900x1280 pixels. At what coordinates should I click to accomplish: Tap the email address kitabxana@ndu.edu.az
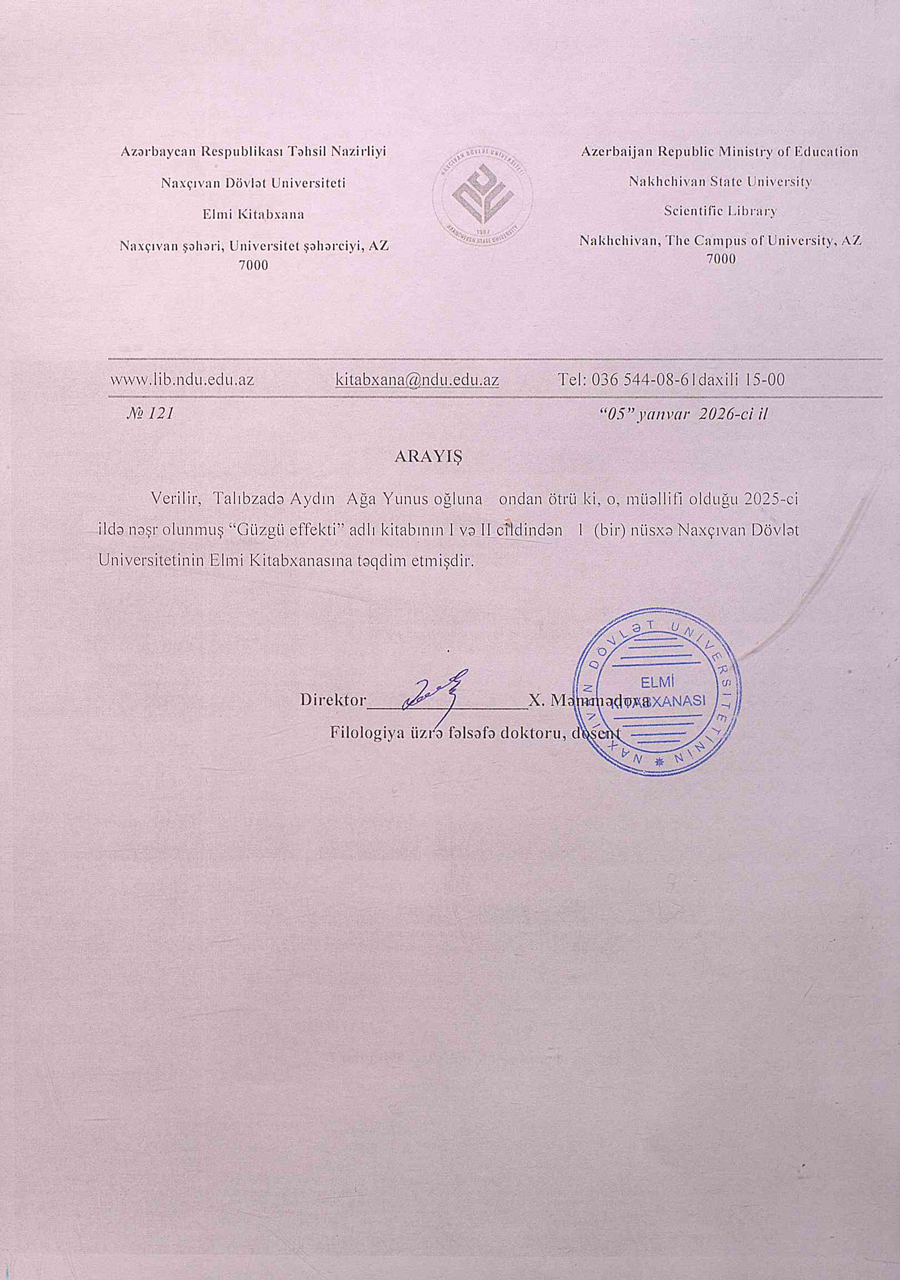417,380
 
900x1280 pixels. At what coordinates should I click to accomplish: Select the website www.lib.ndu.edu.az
182,380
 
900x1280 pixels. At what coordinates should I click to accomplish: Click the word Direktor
333,700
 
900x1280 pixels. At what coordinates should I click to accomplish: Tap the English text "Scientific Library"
720,211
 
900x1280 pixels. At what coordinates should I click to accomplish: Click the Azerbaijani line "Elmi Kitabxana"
254,214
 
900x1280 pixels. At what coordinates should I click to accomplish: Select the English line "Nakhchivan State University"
720,181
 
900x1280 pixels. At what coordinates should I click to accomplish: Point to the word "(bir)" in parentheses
610,530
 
